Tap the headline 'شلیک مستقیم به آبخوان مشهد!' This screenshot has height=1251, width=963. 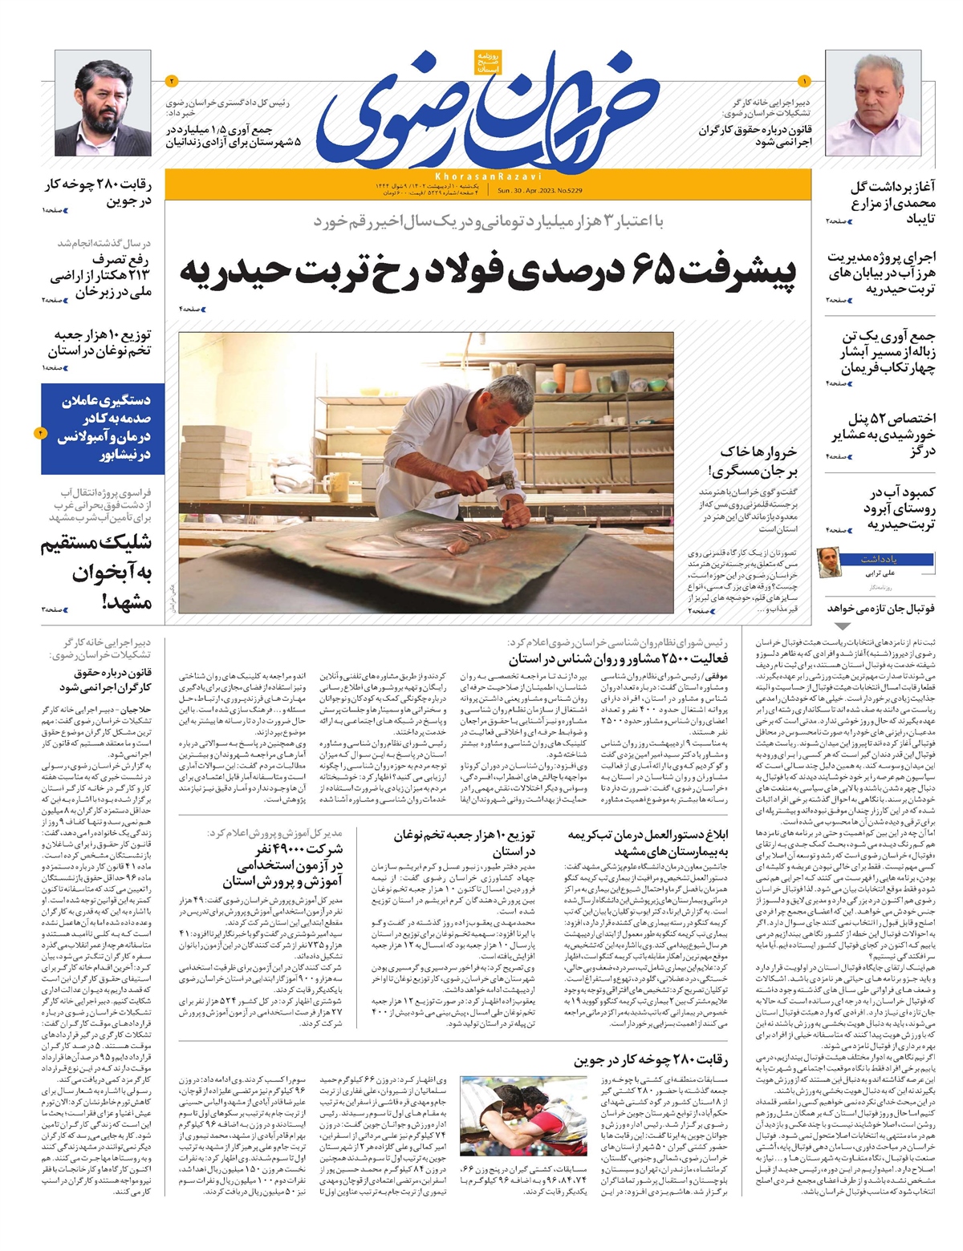coord(98,572)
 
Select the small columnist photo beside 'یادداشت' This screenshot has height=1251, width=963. coord(828,563)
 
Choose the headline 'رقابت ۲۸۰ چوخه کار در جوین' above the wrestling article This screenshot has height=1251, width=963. coord(651,1059)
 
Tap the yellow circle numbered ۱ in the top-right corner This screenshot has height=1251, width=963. coord(804,80)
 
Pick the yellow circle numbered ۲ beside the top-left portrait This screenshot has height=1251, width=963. coord(171,80)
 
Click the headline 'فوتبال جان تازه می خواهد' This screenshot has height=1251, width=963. coord(881,609)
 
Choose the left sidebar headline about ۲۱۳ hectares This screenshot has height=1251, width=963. coord(100,276)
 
